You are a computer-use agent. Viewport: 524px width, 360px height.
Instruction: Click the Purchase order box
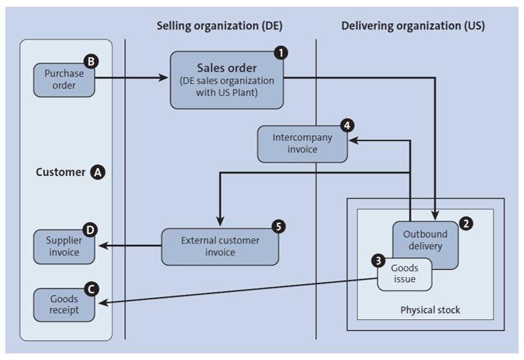coord(63,79)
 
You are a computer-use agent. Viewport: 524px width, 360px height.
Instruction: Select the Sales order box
coord(226,80)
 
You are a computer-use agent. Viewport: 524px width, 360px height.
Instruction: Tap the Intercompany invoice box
coord(302,144)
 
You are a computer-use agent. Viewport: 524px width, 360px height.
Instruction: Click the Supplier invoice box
coord(63,246)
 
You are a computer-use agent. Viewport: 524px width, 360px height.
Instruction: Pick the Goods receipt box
coord(63,304)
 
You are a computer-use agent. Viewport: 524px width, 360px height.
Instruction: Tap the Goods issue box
coord(405,273)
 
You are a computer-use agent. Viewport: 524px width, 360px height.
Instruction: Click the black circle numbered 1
coord(282,53)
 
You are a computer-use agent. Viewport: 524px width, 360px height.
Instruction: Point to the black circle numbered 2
coord(465,223)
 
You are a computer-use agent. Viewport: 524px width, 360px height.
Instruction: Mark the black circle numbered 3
coord(378,259)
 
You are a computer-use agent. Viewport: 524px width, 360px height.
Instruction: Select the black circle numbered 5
coord(279,226)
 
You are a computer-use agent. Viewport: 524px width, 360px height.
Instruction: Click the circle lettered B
coord(91,62)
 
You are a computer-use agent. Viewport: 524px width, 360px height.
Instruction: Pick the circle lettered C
coord(91,288)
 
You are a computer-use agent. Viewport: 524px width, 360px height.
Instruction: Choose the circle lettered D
coord(91,230)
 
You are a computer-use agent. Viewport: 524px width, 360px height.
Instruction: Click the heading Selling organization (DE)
coord(220,26)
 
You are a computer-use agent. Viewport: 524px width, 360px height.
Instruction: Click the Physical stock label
coord(430,310)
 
